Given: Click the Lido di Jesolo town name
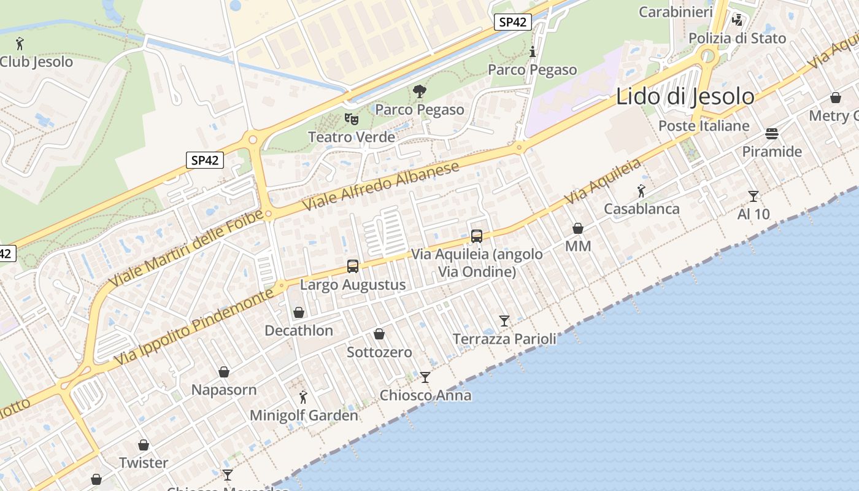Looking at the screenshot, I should (x=685, y=96).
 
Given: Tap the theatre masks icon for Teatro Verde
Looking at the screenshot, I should (x=351, y=118).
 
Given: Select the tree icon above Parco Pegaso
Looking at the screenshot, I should (x=420, y=91).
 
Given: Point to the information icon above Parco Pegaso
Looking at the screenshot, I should (x=532, y=52).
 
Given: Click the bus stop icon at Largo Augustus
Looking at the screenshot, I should (x=353, y=266).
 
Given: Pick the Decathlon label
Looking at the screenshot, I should (x=299, y=330).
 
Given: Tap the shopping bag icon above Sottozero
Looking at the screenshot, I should (x=379, y=334).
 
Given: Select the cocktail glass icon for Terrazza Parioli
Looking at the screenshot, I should (x=504, y=320).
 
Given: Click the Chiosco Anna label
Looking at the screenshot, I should (x=425, y=395).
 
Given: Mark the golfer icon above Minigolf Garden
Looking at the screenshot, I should (x=302, y=397).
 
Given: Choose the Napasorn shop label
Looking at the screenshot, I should (x=224, y=390).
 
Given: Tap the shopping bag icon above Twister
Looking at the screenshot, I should (x=144, y=444).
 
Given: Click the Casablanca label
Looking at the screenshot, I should (x=642, y=209).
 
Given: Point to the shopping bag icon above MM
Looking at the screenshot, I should (x=578, y=228).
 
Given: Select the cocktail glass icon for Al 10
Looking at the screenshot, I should (x=753, y=196).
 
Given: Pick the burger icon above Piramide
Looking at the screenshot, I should (x=772, y=133).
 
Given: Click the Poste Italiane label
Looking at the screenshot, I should (x=704, y=126).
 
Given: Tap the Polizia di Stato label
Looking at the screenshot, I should (x=737, y=38).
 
